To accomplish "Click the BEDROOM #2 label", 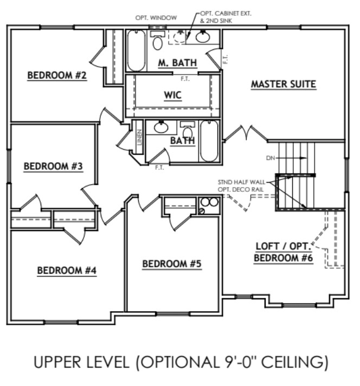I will pos(57,76).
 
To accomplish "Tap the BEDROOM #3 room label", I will pos(53,166).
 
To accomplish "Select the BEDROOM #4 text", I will pos(66,271).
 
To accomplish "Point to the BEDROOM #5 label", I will pos(172,264).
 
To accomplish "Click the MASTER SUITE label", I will pos(283,85).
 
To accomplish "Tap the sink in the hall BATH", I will pos(161,128).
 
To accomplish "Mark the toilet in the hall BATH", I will pos(187,131).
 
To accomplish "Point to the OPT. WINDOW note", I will pos(156,18).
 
